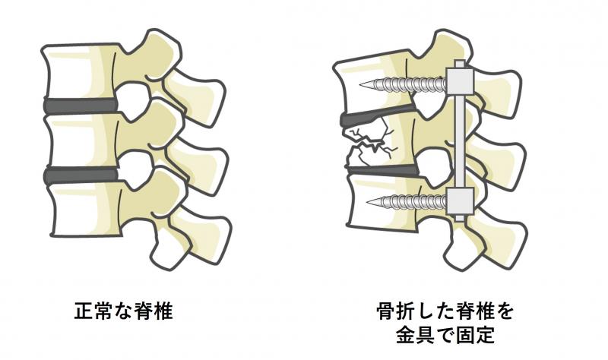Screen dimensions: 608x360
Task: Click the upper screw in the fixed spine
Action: pyautogui.click(x=404, y=84)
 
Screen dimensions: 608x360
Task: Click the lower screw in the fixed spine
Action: pyautogui.click(x=407, y=201)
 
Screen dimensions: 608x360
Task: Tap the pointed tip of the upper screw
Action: pyautogui.click(x=360, y=84)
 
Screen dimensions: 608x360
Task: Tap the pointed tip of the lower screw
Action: pyautogui.click(x=366, y=201)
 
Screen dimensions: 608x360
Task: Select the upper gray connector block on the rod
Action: pyautogui.click(x=461, y=81)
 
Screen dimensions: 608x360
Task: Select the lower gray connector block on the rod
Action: pyautogui.click(x=461, y=201)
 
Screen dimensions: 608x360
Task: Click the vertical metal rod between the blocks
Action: pyautogui.click(x=460, y=141)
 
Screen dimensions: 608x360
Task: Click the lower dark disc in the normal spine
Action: pyautogui.click(x=82, y=175)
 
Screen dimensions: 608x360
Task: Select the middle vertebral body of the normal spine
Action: pyautogui.click(x=82, y=141)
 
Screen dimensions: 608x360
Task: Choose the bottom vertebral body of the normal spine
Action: pyautogui.click(x=84, y=210)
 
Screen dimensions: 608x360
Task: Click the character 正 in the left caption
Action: pyautogui.click(x=82, y=311)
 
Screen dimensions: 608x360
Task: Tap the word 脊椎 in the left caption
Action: pyautogui.click(x=154, y=311)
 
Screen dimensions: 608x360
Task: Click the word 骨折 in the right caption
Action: pyautogui.click(x=396, y=311)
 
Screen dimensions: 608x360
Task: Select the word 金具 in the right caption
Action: pyautogui.click(x=415, y=335)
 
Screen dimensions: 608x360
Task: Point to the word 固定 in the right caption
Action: pyautogui.click(x=476, y=335)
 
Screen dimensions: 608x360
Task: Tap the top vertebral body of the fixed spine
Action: pyautogui.click(x=372, y=84)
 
